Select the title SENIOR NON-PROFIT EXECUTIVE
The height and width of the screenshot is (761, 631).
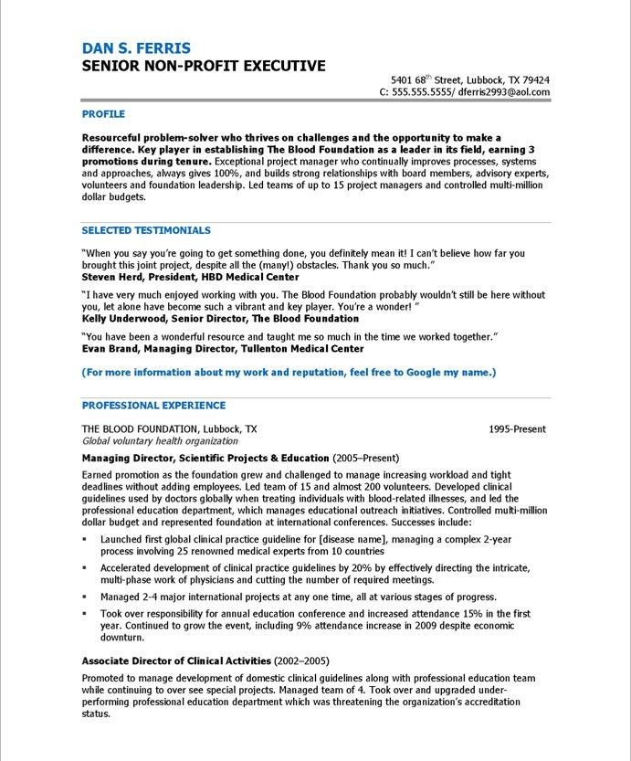coord(203,66)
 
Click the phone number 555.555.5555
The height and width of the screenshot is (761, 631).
coord(423,92)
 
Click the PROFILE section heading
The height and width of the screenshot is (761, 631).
coord(103,114)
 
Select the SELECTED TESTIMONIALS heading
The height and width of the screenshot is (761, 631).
coord(146,230)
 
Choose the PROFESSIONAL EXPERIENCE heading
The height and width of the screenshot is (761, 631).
coord(153,405)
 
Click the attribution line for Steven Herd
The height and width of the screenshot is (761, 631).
coord(190,276)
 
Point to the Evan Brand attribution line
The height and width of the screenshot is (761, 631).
coord(223,348)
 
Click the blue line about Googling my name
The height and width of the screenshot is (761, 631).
coord(289,373)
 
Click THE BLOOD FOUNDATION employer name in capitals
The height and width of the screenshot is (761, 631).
coord(136,428)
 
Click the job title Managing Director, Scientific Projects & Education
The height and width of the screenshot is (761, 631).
coord(205,458)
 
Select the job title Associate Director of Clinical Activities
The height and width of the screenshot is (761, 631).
coord(176,660)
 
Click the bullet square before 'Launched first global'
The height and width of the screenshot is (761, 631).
coord(84,541)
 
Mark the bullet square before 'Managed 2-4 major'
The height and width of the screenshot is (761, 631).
coord(84,597)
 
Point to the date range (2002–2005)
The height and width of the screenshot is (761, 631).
coord(302,660)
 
